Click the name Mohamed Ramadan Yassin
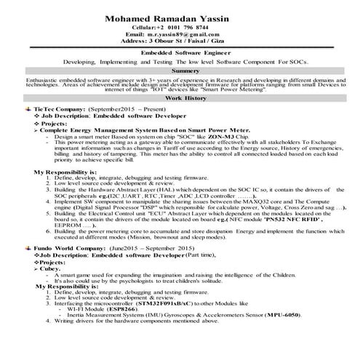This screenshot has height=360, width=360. coord(181,17)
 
